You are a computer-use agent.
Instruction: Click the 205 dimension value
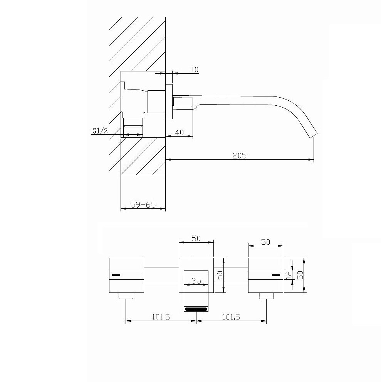tap(239, 156)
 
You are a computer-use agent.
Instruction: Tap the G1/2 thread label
tap(100, 131)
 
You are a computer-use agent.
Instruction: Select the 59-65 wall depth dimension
tap(143, 205)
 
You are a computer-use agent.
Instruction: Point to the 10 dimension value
tap(195, 70)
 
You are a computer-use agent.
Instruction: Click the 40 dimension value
tap(179, 132)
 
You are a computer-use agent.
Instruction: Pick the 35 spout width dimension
tap(196, 281)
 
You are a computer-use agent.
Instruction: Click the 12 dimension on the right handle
tap(289, 275)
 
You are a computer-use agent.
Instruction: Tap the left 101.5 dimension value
tap(161, 317)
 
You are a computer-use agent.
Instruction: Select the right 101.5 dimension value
tap(231, 317)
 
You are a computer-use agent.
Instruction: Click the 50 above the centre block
tap(196, 238)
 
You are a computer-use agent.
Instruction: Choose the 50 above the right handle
tap(265, 242)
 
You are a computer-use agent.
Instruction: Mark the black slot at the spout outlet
tap(196, 309)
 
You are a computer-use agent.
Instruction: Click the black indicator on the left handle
tap(116, 275)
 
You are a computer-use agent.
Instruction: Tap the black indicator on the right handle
tap(276, 275)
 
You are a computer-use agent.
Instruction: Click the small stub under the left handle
tap(126, 296)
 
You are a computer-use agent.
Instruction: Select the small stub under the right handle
tap(267, 296)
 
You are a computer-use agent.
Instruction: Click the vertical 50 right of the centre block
tap(220, 275)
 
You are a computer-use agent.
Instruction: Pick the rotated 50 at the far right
tap(300, 275)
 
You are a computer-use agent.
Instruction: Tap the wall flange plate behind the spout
tap(169, 101)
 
